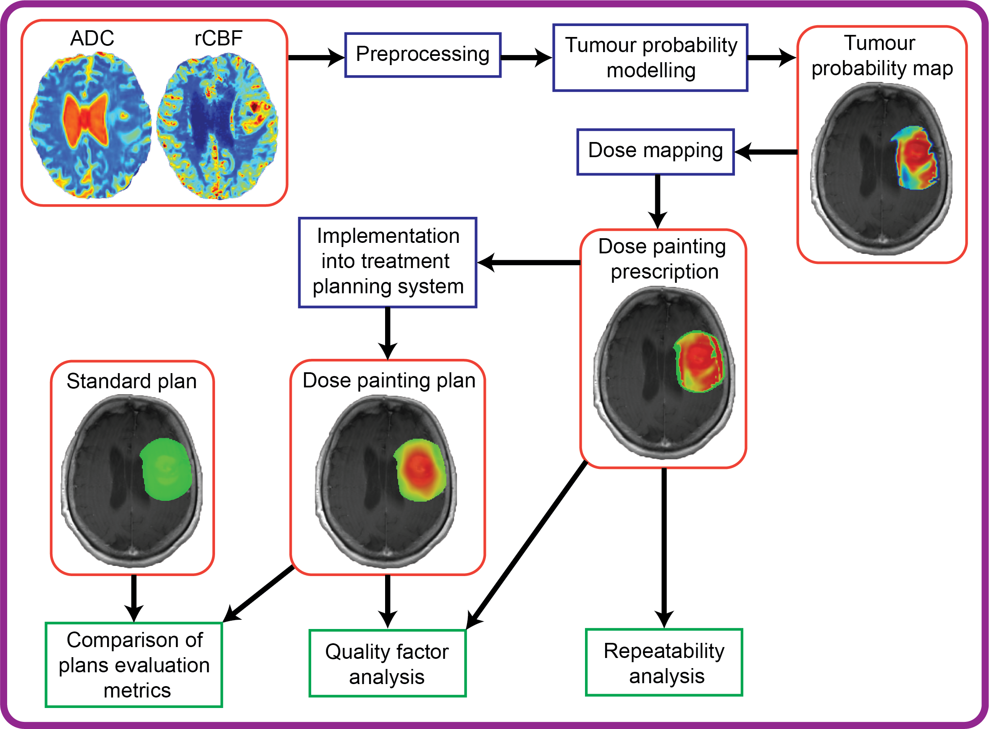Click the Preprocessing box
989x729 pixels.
(422, 55)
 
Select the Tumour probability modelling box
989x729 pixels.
(650, 58)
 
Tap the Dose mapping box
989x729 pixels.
(655, 151)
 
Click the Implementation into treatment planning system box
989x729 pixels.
(387, 262)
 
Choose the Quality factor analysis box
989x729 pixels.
(387, 663)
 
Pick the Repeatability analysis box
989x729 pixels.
(664, 662)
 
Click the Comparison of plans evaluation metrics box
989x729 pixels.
(134, 665)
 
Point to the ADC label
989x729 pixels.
(92, 38)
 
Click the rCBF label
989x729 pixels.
(218, 38)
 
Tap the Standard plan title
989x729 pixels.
(131, 381)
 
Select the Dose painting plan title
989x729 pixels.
(388, 380)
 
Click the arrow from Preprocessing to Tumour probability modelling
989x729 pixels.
(526, 58)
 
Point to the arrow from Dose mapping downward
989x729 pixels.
(657, 201)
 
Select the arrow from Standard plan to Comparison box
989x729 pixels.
(134, 598)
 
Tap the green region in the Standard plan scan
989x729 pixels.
(166, 469)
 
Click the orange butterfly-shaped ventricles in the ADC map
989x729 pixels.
(85, 118)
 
